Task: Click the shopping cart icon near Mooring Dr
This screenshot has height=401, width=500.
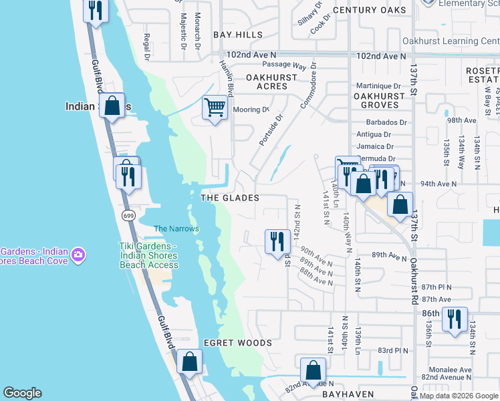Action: pos(215,107)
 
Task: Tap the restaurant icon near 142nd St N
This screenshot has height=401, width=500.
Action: pos(277,241)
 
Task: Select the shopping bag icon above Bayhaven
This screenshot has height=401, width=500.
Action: pos(313,370)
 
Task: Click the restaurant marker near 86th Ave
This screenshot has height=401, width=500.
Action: pos(455,319)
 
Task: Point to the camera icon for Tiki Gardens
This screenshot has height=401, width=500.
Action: pos(78,254)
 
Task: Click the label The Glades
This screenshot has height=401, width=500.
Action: pos(230,198)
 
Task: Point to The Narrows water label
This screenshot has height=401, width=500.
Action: pos(176,229)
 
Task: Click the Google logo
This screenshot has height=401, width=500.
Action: pos(22,393)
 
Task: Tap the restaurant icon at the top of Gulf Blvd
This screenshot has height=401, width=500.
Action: pos(96,11)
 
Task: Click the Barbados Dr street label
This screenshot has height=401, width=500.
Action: pos(386,122)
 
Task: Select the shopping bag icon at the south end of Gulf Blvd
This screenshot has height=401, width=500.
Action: pos(190,362)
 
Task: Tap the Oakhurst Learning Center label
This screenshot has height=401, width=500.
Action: pos(451,41)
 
